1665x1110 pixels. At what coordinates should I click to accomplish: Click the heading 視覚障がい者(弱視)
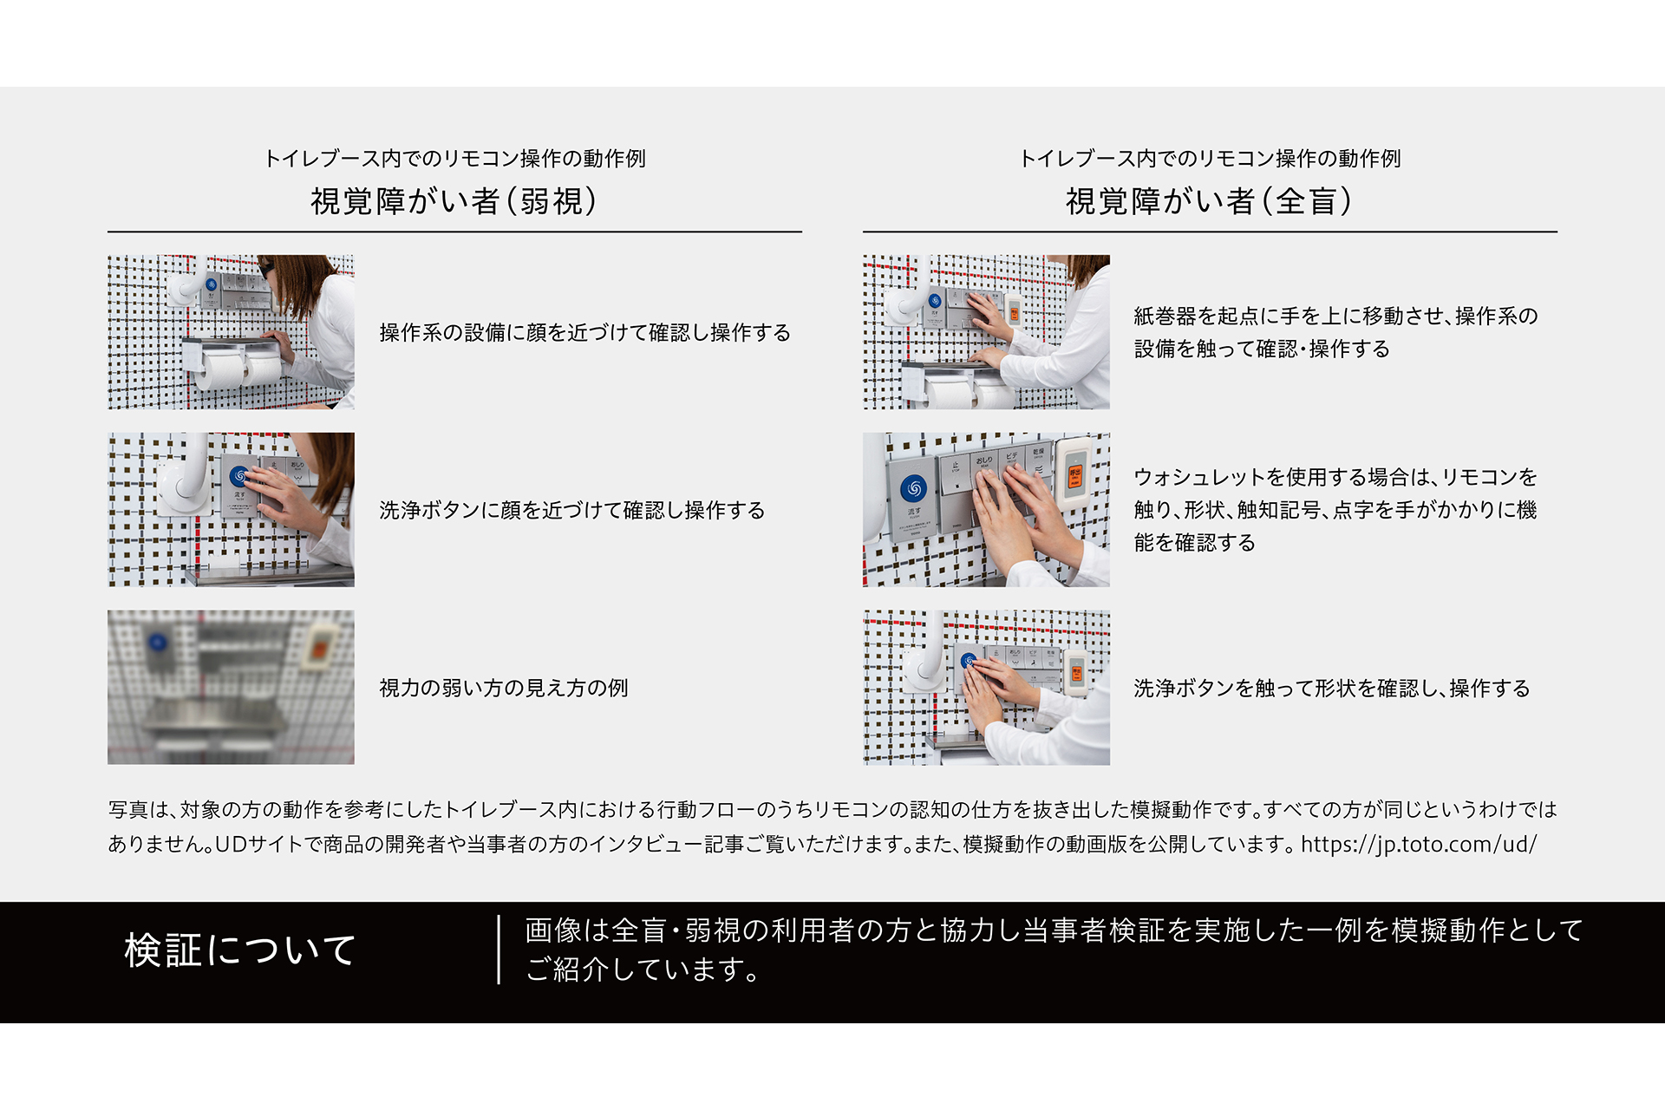pos(454,201)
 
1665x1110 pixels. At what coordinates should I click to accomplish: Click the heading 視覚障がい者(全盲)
pos(1209,201)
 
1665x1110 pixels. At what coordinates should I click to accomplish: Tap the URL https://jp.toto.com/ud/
pos(1419,844)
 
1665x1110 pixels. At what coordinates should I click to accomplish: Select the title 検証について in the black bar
pos(240,950)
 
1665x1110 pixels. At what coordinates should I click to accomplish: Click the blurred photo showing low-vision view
pos(231,687)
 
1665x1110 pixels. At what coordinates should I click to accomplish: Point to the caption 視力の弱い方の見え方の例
pos(504,688)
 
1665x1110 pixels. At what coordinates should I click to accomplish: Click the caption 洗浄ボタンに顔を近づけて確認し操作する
pos(572,510)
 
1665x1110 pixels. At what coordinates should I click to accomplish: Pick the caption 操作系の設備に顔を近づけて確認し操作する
pos(585,332)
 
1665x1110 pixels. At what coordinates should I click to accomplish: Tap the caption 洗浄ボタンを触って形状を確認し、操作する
pos(1332,688)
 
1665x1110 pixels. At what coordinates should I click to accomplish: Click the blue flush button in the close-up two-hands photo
pos(913,488)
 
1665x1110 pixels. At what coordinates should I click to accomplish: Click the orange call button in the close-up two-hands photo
pos(1074,476)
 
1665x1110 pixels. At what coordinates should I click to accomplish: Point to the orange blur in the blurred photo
pos(318,650)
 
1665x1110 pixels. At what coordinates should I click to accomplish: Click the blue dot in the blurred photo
pos(158,643)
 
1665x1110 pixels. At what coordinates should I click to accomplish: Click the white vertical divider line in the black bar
pos(499,950)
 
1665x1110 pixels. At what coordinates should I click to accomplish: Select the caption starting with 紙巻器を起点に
pos(1335,332)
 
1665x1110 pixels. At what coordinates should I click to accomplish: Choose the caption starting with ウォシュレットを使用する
pos(1335,510)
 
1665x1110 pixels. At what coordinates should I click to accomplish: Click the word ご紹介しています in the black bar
pos(641,969)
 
